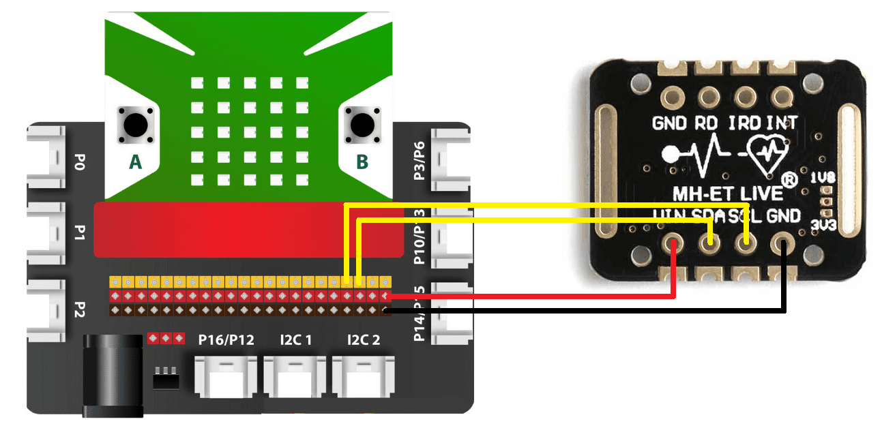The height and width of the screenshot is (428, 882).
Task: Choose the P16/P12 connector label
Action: click(x=226, y=339)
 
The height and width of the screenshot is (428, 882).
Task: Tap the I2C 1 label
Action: click(x=295, y=339)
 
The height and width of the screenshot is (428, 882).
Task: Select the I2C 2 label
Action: click(x=364, y=339)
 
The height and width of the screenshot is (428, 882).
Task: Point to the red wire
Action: click(x=532, y=296)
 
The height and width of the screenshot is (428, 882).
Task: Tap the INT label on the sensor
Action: click(x=782, y=123)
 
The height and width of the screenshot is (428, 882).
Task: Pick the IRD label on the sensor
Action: click(x=745, y=123)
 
